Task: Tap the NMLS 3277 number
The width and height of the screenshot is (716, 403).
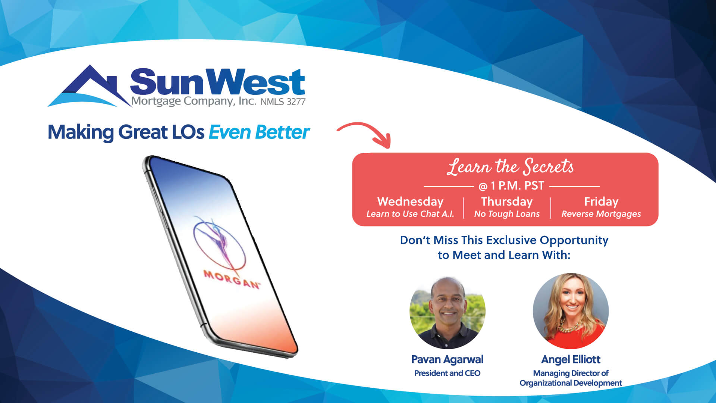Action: point(283,101)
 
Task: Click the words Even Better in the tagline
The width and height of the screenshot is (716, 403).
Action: point(259,132)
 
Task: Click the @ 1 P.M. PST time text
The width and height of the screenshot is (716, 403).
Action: point(511,185)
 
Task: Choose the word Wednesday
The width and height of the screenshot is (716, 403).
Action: point(410,201)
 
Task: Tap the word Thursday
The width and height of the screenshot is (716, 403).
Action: point(507,201)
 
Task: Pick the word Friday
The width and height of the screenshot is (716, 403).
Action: point(601,201)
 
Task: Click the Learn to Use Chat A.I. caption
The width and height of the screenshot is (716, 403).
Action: point(410,214)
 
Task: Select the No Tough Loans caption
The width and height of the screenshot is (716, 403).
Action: point(507,214)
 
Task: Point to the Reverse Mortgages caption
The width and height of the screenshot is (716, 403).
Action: point(601,214)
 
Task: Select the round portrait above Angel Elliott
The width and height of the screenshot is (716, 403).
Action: point(571,311)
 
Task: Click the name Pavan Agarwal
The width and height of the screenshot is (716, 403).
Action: point(447,359)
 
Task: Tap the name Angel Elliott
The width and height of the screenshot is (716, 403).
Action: point(571,359)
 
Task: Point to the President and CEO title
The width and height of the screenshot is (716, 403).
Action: point(447,373)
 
